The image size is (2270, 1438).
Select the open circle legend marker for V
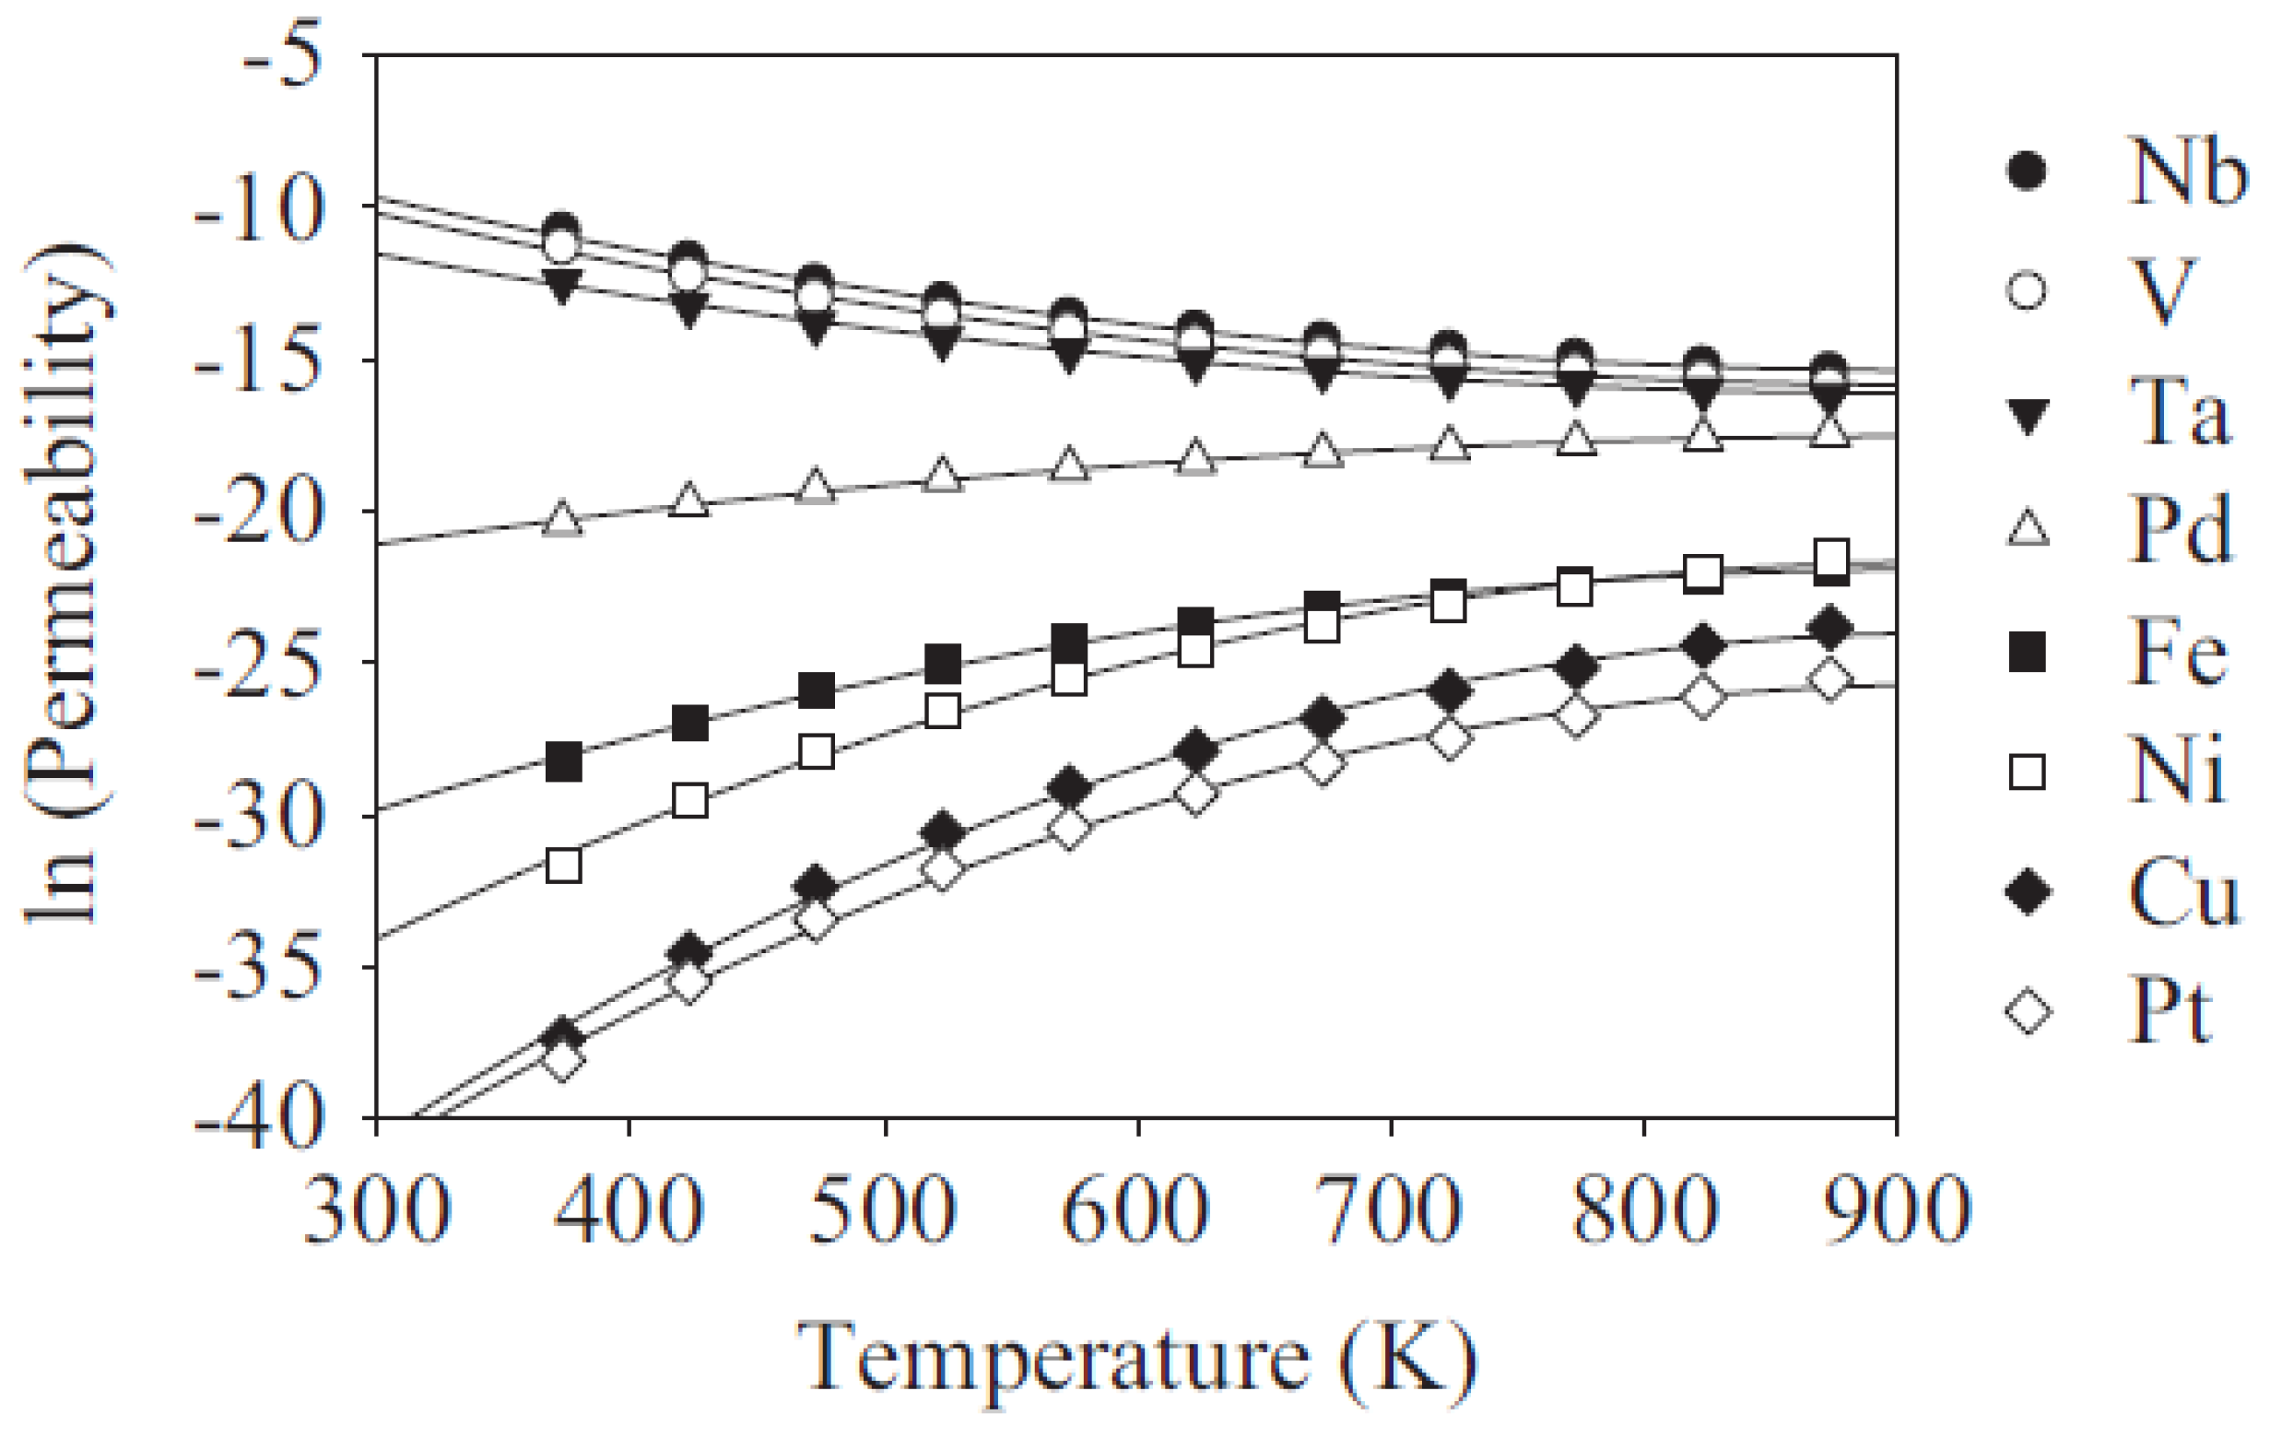(x=2027, y=289)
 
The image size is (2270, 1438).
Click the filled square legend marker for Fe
(x=2027, y=652)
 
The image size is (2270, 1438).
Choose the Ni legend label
(x=2176, y=771)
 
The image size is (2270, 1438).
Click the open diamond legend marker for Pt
(x=2027, y=1013)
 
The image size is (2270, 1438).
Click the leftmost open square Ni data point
(x=564, y=865)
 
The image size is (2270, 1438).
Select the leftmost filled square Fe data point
(x=564, y=761)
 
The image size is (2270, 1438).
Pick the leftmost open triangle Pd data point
(x=563, y=519)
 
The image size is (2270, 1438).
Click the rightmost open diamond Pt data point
(x=1829, y=679)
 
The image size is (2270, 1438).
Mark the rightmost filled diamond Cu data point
(x=1829, y=628)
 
